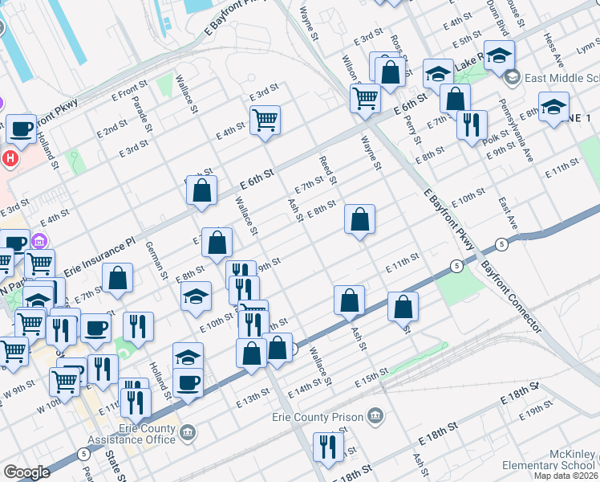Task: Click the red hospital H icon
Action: pyautogui.click(x=10, y=157)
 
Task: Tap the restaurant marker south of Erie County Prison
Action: pyautogui.click(x=328, y=447)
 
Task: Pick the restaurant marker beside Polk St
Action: pyautogui.click(x=472, y=123)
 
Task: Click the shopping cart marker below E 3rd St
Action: pyautogui.click(x=265, y=120)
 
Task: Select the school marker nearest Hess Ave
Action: pyautogui.click(x=553, y=107)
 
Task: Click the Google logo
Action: pyautogui.click(x=26, y=472)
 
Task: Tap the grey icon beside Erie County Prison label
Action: pyautogui.click(x=375, y=415)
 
